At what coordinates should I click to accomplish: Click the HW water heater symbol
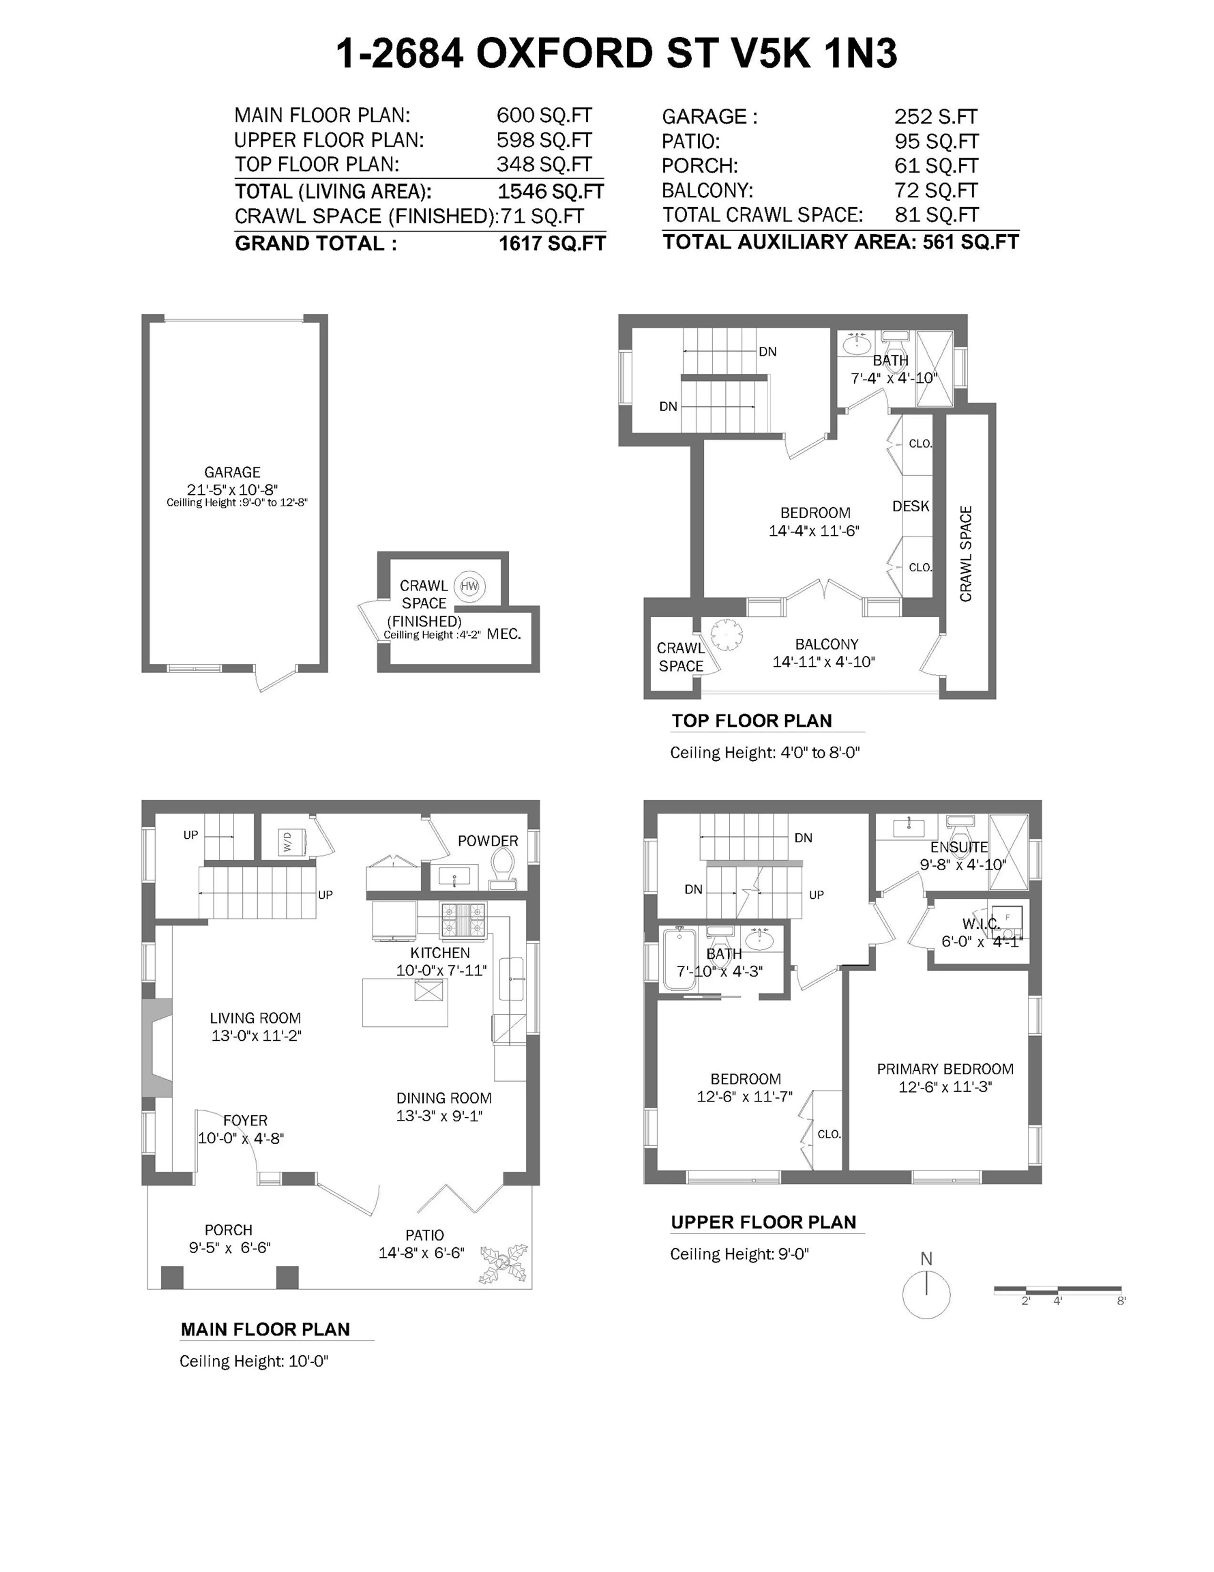click(469, 586)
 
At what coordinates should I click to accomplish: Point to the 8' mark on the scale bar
click(1120, 1301)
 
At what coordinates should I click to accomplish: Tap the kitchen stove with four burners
click(463, 920)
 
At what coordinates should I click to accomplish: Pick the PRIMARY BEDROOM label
click(945, 1069)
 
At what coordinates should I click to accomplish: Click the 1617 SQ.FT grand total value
click(552, 243)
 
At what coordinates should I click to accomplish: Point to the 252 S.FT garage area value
click(935, 117)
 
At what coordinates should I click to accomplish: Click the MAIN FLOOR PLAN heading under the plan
click(265, 1329)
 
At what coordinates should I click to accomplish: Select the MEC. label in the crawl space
click(504, 634)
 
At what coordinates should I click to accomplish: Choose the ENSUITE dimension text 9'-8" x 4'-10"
click(963, 864)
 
